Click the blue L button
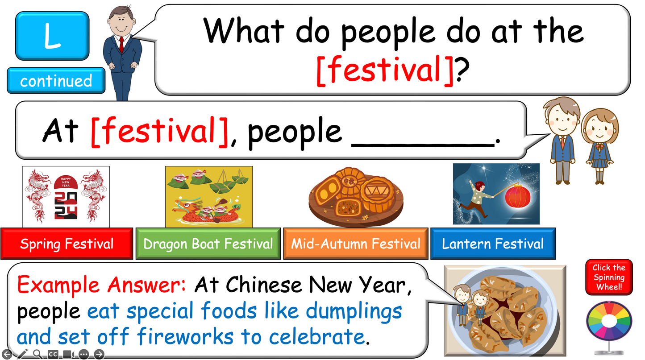click(x=52, y=36)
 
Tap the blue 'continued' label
click(x=56, y=81)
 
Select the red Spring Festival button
click(x=67, y=244)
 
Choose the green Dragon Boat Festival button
click(x=208, y=244)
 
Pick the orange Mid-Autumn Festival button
click(x=356, y=244)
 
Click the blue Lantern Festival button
click(x=493, y=244)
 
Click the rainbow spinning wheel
click(x=609, y=321)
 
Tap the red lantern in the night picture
click(x=518, y=196)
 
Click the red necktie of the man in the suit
click(x=121, y=45)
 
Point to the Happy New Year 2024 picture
click(x=66, y=197)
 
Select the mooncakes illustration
click(x=356, y=197)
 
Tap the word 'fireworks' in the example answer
click(x=185, y=336)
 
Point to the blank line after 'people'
click(x=423, y=145)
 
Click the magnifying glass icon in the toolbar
click(x=37, y=354)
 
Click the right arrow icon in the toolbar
click(x=99, y=354)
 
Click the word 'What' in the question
click(x=244, y=30)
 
